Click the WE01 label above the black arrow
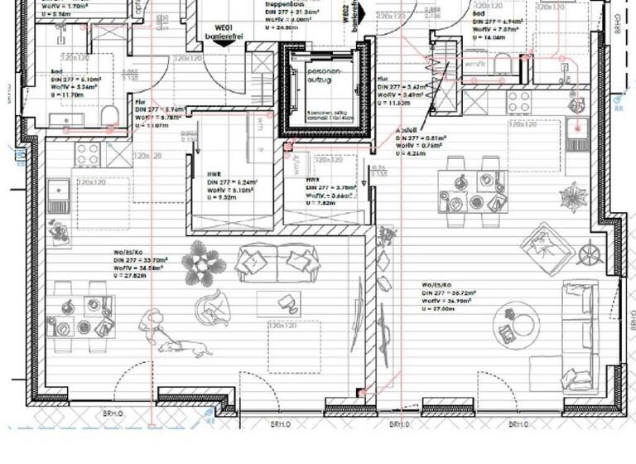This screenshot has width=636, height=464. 221,26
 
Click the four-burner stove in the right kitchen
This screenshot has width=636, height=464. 519,103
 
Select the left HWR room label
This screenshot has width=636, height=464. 214,176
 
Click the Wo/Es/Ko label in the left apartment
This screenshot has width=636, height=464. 128,254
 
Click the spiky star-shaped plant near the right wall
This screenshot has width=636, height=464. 573,197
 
